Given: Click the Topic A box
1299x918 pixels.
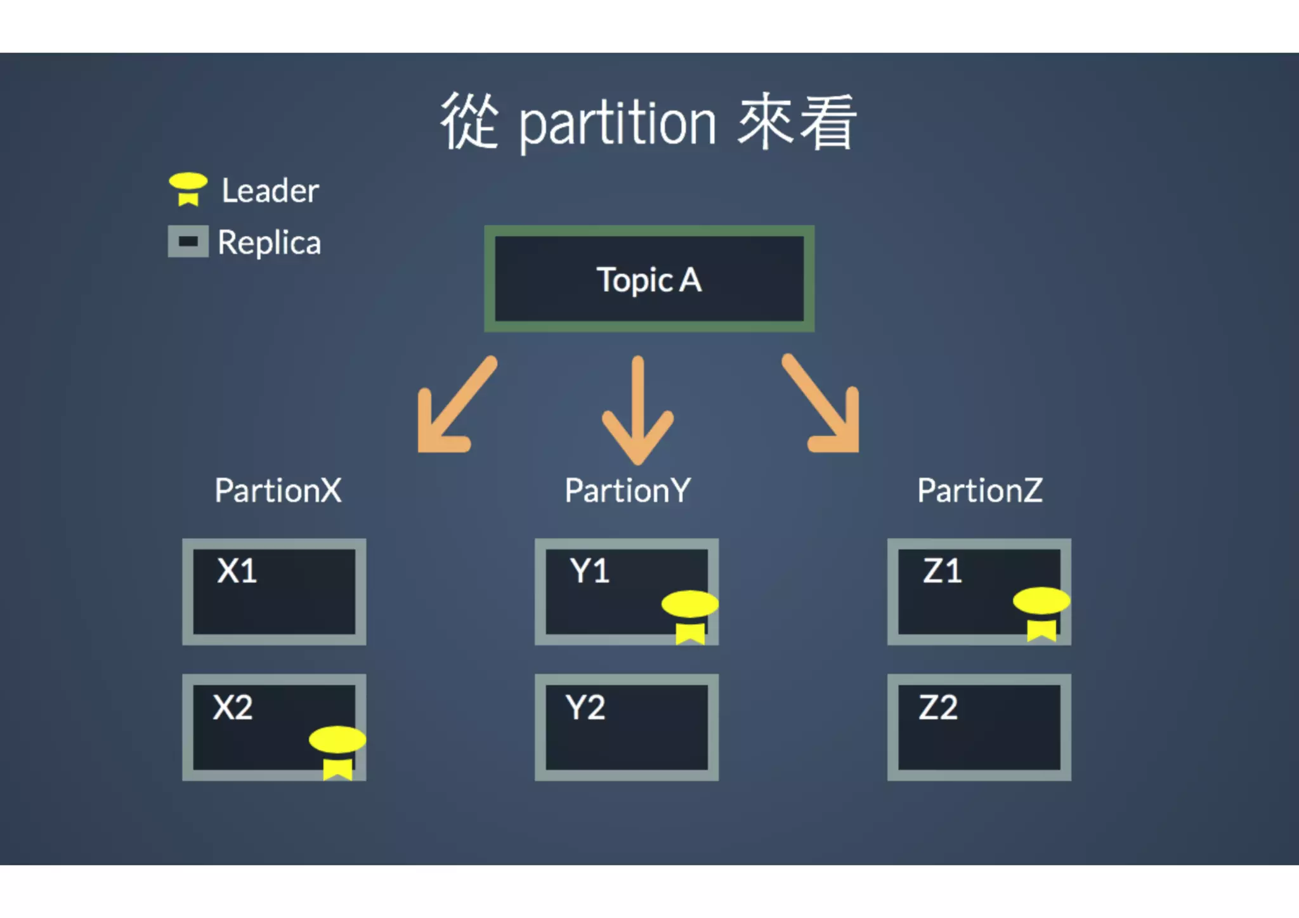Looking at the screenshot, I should pos(649,279).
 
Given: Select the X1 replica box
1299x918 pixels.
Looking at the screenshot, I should pos(274,592).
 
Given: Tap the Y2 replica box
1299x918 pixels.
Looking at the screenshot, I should pos(627,727).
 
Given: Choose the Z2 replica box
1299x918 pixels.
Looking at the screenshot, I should pos(979,727).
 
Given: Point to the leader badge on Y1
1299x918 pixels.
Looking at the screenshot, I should pos(689,615).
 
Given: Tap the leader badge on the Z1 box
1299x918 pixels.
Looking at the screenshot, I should pos(1041,612).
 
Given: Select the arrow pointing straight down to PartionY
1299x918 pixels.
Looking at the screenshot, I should pos(638,409).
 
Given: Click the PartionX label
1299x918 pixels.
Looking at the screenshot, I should pos(278,490).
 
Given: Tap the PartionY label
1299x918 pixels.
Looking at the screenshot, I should pos(627,490).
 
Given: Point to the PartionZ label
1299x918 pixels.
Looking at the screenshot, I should pos(980,490).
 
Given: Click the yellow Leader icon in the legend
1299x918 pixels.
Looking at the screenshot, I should pos(188,188).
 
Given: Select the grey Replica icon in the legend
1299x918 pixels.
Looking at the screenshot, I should pos(188,241).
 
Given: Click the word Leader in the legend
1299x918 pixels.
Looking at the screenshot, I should pos(270,190).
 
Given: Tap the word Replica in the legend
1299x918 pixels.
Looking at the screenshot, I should pos(270,243).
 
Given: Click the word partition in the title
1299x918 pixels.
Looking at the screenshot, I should pos(618,124).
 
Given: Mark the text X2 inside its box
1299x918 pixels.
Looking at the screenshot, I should pos(233,707).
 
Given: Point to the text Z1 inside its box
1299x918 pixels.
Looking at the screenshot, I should pos(942,571).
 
